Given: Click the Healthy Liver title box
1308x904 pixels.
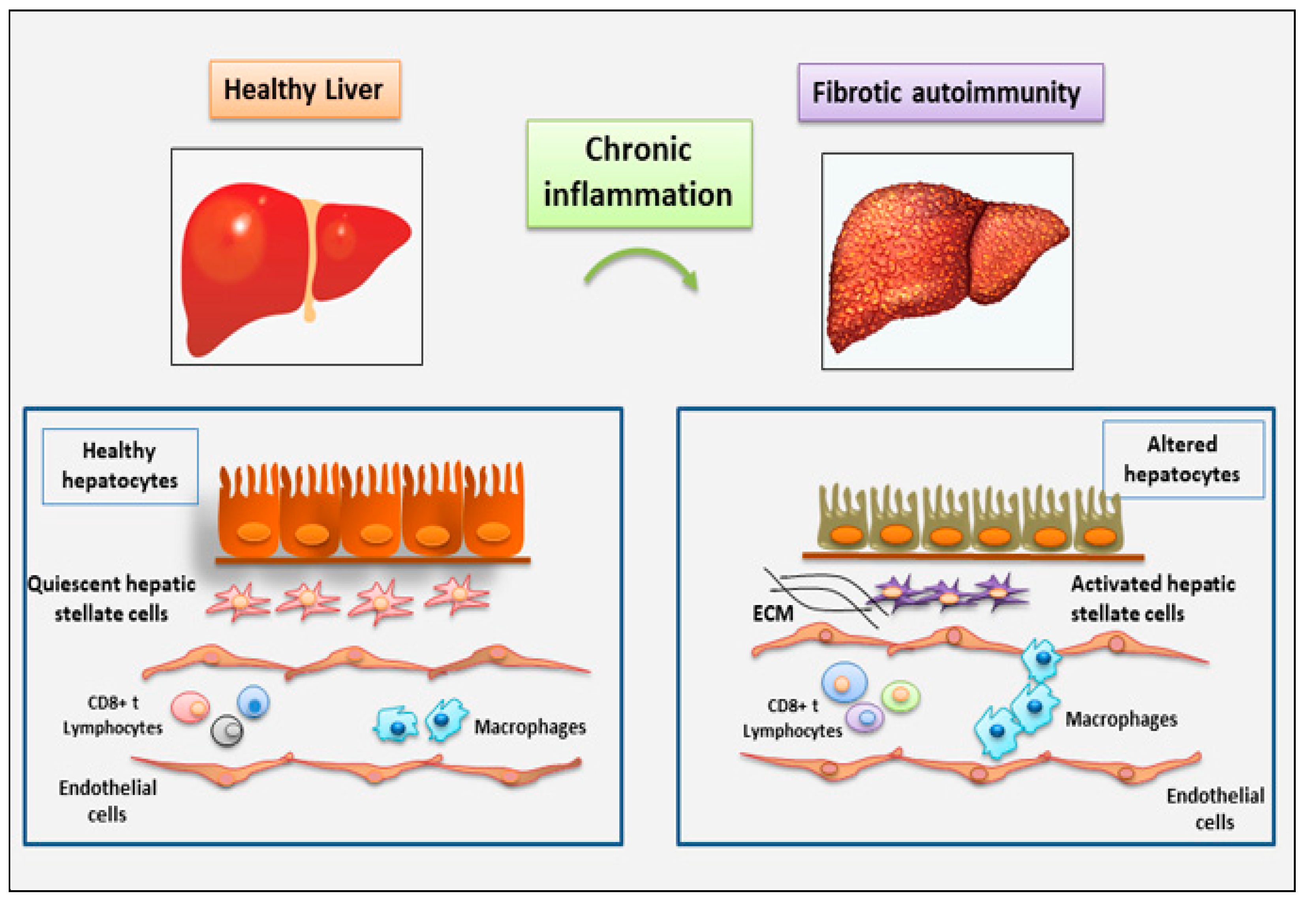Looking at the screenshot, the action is (304, 90).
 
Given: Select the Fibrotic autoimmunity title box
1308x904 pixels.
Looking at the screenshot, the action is (950, 92).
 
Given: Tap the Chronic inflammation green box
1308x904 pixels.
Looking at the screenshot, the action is (639, 174).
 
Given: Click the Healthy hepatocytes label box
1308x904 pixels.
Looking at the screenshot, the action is (120, 466).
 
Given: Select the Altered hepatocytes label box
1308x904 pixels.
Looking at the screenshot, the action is (1183, 459).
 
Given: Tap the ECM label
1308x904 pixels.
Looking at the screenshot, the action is (773, 613).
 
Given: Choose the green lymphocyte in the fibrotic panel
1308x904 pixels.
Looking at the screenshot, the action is (900, 695).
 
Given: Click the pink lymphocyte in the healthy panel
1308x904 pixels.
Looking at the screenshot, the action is (190, 707).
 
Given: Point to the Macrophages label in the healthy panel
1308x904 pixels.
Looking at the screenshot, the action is (530, 727).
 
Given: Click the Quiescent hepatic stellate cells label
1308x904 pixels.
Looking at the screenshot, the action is (111, 599).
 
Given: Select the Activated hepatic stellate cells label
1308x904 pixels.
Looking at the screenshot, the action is (1153, 599).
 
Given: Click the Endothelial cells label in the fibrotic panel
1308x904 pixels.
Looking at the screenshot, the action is (1215, 809).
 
